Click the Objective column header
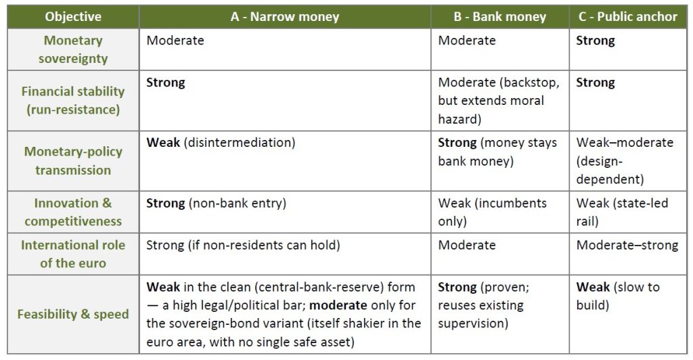[x=73, y=17]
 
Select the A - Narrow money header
[x=285, y=17]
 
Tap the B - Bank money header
[x=500, y=17]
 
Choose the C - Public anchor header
[x=627, y=17]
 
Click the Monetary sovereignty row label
[x=73, y=49]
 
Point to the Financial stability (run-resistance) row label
[x=73, y=100]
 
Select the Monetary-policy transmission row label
[x=73, y=161]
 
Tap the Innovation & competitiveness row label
[x=73, y=212]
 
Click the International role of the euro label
[x=73, y=254]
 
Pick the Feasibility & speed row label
[x=73, y=314]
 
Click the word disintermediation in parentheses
[x=239, y=143]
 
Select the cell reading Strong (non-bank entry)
[x=216, y=203]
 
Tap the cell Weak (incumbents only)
[x=492, y=212]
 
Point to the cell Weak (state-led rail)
[x=622, y=212]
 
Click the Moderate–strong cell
[x=627, y=245]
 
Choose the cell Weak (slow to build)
[x=618, y=296]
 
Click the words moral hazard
[x=491, y=110]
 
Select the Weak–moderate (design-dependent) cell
[x=625, y=161]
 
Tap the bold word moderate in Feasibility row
[x=338, y=305]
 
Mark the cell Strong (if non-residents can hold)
[x=243, y=245]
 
